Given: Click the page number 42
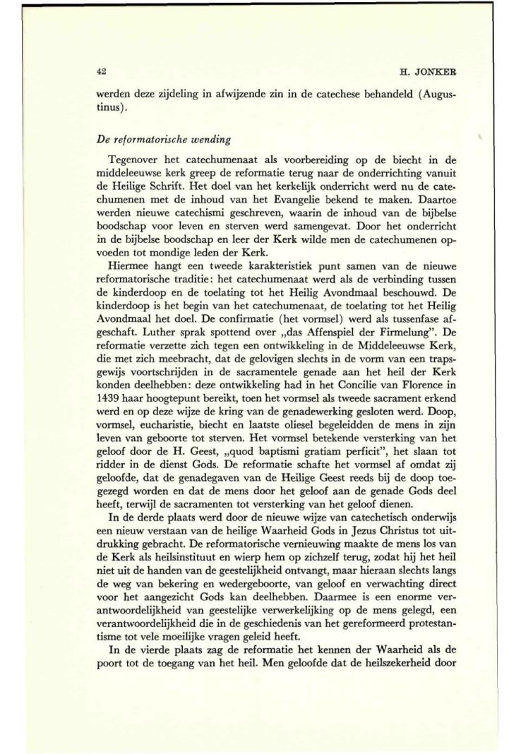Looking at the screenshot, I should pyautogui.click(x=101, y=71).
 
